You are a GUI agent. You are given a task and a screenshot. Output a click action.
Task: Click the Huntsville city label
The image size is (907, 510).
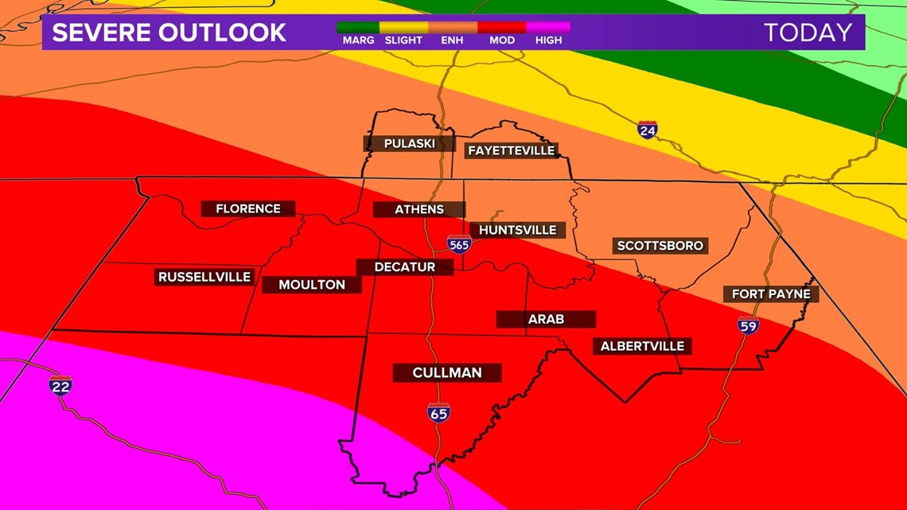(517, 230)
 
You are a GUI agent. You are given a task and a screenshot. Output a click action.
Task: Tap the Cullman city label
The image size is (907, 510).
(447, 372)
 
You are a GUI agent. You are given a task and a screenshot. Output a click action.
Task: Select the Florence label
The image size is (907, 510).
(248, 208)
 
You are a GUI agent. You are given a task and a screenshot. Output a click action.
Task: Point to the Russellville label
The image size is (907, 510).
(204, 277)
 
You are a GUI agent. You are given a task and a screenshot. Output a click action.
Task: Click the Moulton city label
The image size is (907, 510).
(312, 284)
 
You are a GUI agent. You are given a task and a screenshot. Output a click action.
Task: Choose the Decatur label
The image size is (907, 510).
(405, 267)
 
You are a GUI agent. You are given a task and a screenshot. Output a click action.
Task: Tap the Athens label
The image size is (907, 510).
(419, 209)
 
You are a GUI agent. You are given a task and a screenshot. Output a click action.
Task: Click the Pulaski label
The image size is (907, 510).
(409, 143)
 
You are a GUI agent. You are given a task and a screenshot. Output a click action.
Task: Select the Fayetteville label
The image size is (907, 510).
(511, 150)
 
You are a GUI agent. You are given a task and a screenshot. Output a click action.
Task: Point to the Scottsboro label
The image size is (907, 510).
(660, 246)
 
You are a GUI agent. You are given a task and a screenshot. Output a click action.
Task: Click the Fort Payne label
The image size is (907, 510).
(771, 294)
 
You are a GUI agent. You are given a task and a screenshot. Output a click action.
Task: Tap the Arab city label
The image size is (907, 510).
(546, 319)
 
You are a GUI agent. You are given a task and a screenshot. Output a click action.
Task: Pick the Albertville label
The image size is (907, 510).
(642, 346)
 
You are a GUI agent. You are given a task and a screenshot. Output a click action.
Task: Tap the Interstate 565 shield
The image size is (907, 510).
(459, 244)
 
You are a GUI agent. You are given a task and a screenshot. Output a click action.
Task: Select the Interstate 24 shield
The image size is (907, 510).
(648, 130)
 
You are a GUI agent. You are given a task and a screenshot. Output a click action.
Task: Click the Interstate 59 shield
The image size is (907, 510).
(748, 325)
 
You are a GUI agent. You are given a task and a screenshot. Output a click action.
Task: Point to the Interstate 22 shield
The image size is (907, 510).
(60, 386)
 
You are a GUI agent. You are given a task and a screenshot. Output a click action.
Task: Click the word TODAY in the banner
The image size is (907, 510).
(808, 33)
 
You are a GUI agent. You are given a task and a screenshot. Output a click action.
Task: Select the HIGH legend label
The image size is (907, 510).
(548, 40)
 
